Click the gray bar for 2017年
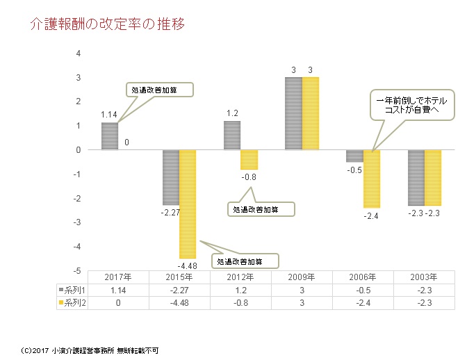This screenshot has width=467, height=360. [110, 136]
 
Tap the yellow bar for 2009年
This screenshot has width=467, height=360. [310, 113]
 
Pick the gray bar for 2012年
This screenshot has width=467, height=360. [231, 136]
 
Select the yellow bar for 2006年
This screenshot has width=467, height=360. [371, 179]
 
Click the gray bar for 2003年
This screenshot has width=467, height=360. [416, 177]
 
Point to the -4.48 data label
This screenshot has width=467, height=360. [187, 265]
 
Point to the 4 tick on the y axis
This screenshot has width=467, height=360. [79, 54]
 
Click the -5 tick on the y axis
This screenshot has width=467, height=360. [77, 271]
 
